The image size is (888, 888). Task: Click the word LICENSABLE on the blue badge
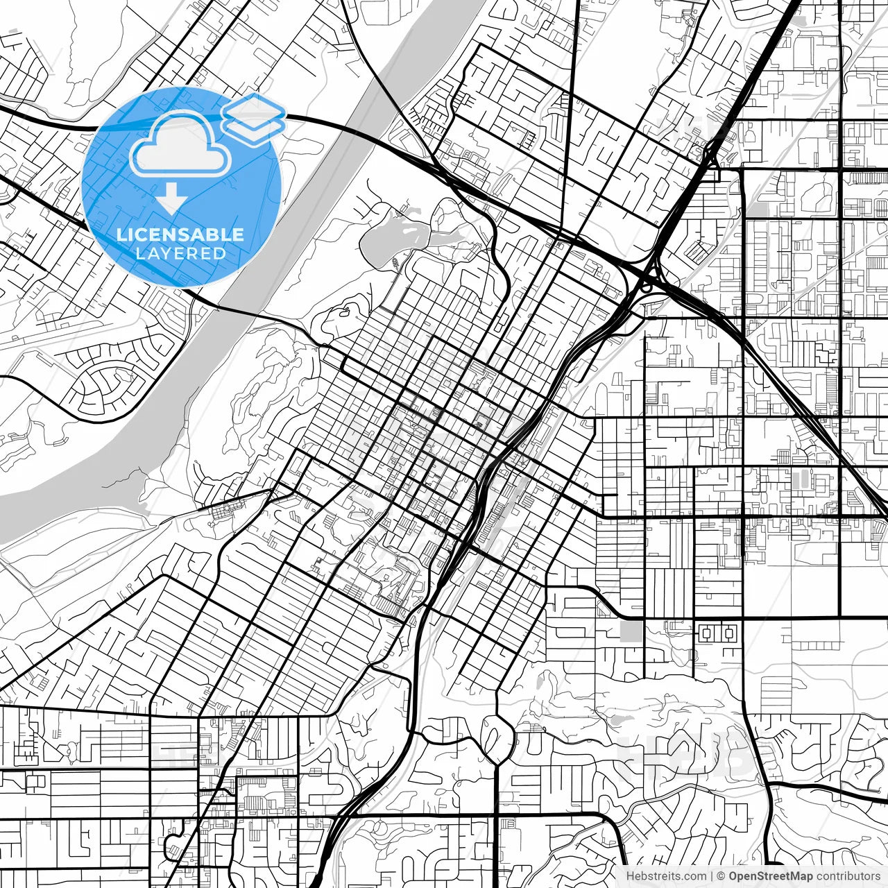pyautogui.click(x=180, y=234)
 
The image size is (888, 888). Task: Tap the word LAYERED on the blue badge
pyautogui.click(x=180, y=254)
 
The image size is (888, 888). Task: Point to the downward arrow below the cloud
pyautogui.click(x=171, y=200)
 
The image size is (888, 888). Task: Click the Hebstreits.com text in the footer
pyautogui.click(x=666, y=876)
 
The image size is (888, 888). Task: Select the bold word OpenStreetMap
pyautogui.click(x=770, y=876)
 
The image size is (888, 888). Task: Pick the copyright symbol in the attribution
pyautogui.click(x=721, y=876)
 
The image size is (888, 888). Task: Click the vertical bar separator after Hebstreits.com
pyautogui.click(x=712, y=876)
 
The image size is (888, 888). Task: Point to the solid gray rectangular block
pyautogui.click(x=631, y=631)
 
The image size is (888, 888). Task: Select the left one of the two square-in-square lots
pyautogui.click(x=708, y=633)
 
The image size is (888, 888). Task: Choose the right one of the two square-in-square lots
pyautogui.click(x=728, y=633)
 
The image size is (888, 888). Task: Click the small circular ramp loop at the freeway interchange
pyautogui.click(x=646, y=284)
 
